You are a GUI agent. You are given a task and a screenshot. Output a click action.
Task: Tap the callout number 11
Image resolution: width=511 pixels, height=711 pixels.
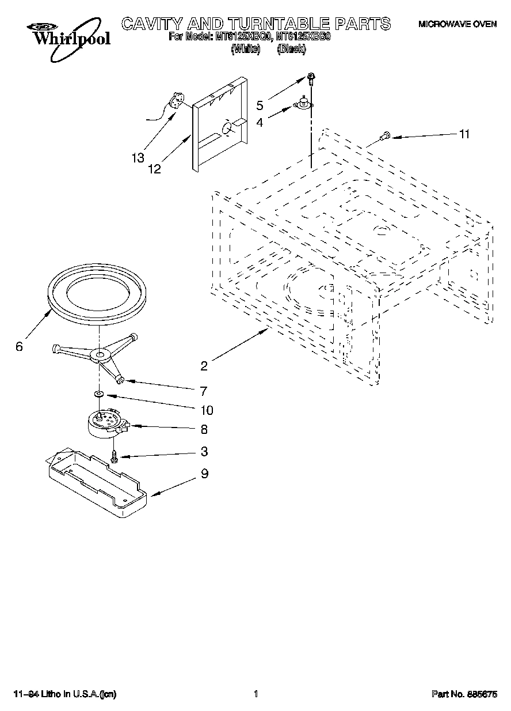click(464, 134)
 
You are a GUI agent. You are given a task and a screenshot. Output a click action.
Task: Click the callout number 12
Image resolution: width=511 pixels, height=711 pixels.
click(154, 169)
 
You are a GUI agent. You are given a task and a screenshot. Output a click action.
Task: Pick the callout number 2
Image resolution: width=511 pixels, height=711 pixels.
click(204, 365)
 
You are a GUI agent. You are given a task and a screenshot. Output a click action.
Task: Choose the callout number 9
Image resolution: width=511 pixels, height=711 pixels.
click(204, 474)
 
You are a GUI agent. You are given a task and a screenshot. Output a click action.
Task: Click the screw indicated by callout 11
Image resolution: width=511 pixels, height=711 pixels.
click(384, 136)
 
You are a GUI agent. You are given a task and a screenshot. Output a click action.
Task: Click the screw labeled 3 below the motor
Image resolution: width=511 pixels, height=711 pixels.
click(115, 456)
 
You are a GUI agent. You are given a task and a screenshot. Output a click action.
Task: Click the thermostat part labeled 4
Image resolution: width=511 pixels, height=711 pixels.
click(303, 104)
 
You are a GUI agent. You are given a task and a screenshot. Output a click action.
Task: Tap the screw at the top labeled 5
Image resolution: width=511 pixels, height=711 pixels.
click(311, 78)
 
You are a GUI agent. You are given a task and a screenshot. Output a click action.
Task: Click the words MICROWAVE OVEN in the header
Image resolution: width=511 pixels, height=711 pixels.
click(457, 25)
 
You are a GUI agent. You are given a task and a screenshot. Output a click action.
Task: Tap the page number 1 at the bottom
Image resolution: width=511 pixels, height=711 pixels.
click(255, 694)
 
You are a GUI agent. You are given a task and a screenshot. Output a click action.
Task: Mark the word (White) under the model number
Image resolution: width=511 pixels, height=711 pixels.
click(246, 50)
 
